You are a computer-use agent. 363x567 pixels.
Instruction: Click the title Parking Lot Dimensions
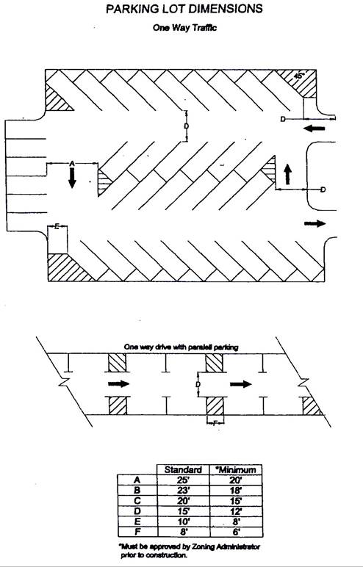coord(184,9)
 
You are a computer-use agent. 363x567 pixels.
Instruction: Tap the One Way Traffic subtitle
coord(184,28)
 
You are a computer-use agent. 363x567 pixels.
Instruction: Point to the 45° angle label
coord(299,76)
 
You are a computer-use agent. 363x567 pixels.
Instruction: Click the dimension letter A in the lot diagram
coord(72,164)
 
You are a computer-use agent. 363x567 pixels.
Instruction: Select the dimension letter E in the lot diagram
coord(57,227)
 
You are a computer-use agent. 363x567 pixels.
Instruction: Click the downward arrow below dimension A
coord(72,178)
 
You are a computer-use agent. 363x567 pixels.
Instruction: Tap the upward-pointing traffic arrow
coord(288,174)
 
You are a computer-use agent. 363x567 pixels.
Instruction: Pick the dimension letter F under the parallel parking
coord(215,422)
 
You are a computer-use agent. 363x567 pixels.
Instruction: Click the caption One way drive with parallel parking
coord(181,347)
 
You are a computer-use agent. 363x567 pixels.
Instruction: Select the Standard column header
coord(183,470)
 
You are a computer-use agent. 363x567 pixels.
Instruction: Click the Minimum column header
coord(236,470)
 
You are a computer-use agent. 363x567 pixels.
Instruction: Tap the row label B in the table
coord(137,491)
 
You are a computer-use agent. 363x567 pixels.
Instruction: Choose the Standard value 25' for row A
coord(184,480)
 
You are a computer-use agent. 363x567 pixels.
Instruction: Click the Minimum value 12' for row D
coord(236,511)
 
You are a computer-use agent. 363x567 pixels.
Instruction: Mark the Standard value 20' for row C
coord(184,501)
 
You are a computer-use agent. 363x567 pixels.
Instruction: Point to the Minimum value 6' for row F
coord(236,532)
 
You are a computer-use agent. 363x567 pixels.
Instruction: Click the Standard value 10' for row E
coord(184,521)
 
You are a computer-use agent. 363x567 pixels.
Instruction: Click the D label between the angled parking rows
coord(186,126)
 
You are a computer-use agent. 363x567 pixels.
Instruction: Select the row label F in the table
coord(137,532)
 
